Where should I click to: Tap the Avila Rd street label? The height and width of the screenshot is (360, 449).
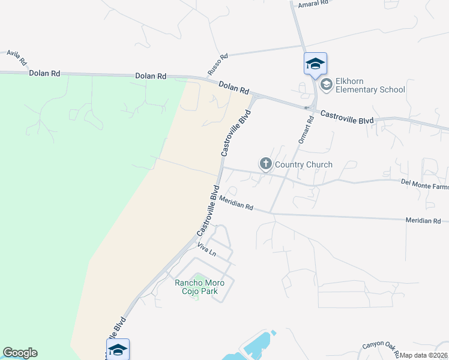17,58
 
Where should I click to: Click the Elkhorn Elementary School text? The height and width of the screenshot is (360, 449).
370,85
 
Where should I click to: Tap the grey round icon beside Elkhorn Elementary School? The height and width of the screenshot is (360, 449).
326,85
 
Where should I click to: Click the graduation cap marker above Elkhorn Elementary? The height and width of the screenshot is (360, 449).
315,64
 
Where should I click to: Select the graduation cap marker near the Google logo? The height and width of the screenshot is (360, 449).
118,349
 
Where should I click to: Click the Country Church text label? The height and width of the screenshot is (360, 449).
304,164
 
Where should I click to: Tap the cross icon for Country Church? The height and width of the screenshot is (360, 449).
266,163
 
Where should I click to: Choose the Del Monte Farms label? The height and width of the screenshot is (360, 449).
424,187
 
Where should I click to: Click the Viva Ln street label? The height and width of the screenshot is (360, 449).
206,250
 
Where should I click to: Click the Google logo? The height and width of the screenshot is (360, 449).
20,353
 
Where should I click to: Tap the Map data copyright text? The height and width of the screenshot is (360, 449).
424,355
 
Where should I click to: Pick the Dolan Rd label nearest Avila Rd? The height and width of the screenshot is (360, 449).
44,73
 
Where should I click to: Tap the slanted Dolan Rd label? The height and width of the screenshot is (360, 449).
234,88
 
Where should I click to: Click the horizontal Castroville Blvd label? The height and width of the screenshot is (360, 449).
346,117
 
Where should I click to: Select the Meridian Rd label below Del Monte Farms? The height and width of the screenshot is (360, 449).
423,221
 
